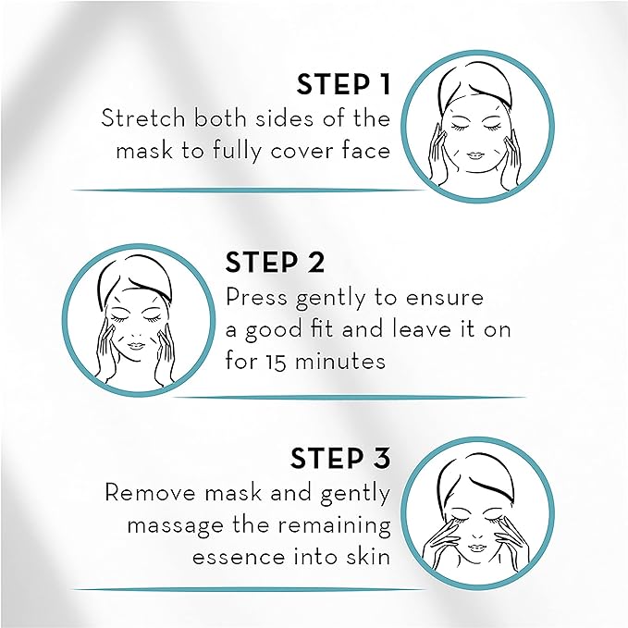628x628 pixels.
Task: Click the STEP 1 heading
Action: (343, 85)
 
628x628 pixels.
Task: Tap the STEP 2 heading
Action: (276, 263)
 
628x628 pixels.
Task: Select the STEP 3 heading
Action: (339, 459)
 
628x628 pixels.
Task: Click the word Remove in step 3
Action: (145, 492)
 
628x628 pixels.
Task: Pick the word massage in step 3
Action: (172, 525)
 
